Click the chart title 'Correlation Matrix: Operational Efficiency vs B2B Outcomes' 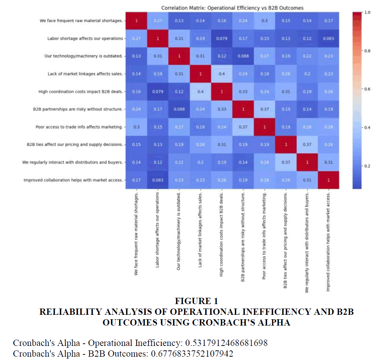tap(232, 8)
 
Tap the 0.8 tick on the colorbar tap(367, 51)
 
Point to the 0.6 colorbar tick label tap(367, 89)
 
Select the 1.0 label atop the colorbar tap(367, 12)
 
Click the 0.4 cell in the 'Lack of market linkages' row tap(222, 74)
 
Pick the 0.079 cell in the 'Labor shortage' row tap(222, 38)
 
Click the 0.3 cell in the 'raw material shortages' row tap(265, 21)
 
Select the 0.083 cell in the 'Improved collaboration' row tap(158, 180)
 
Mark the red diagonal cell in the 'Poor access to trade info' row tap(265, 127)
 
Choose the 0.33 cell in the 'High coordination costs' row tap(243, 91)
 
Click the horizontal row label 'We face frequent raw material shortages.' tap(81, 21)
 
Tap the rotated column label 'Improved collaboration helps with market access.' tap(328, 241)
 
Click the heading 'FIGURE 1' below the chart tap(196, 300)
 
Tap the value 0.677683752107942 tap(192, 353)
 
